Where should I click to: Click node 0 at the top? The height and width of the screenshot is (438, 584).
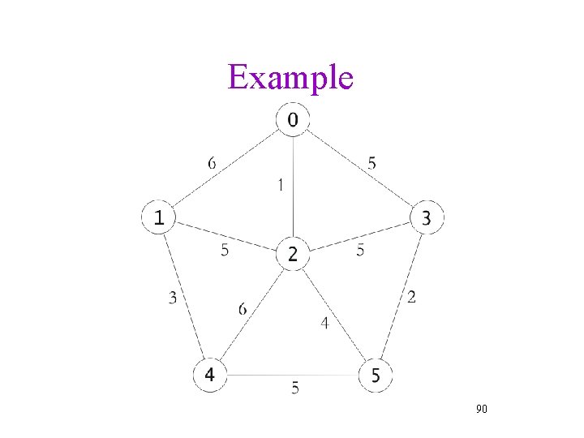click(x=293, y=120)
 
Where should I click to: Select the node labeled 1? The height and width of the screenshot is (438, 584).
click(x=160, y=217)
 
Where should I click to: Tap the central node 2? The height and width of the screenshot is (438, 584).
click(x=293, y=255)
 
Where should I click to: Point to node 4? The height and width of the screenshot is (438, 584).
click(x=210, y=375)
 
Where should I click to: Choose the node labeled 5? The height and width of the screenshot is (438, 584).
click(x=376, y=375)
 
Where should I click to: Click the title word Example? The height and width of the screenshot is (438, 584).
click(x=290, y=78)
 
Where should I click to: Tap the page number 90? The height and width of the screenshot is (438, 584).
click(x=481, y=410)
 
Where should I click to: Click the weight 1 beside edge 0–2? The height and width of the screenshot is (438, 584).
click(x=280, y=185)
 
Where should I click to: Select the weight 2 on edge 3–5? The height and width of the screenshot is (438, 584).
click(x=412, y=298)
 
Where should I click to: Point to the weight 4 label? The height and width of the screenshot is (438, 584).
click(x=324, y=323)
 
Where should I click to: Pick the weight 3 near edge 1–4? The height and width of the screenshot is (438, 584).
click(x=173, y=298)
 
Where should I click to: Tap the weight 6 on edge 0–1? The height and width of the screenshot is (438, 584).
click(x=212, y=163)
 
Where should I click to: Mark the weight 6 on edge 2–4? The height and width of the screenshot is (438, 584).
click(x=243, y=308)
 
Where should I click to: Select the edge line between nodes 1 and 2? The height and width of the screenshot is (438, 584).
click(x=227, y=236)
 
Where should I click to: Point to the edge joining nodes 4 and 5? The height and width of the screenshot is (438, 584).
click(x=293, y=375)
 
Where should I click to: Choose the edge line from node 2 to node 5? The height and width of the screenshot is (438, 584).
click(x=334, y=315)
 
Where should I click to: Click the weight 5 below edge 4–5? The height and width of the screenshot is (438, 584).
click(x=295, y=389)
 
